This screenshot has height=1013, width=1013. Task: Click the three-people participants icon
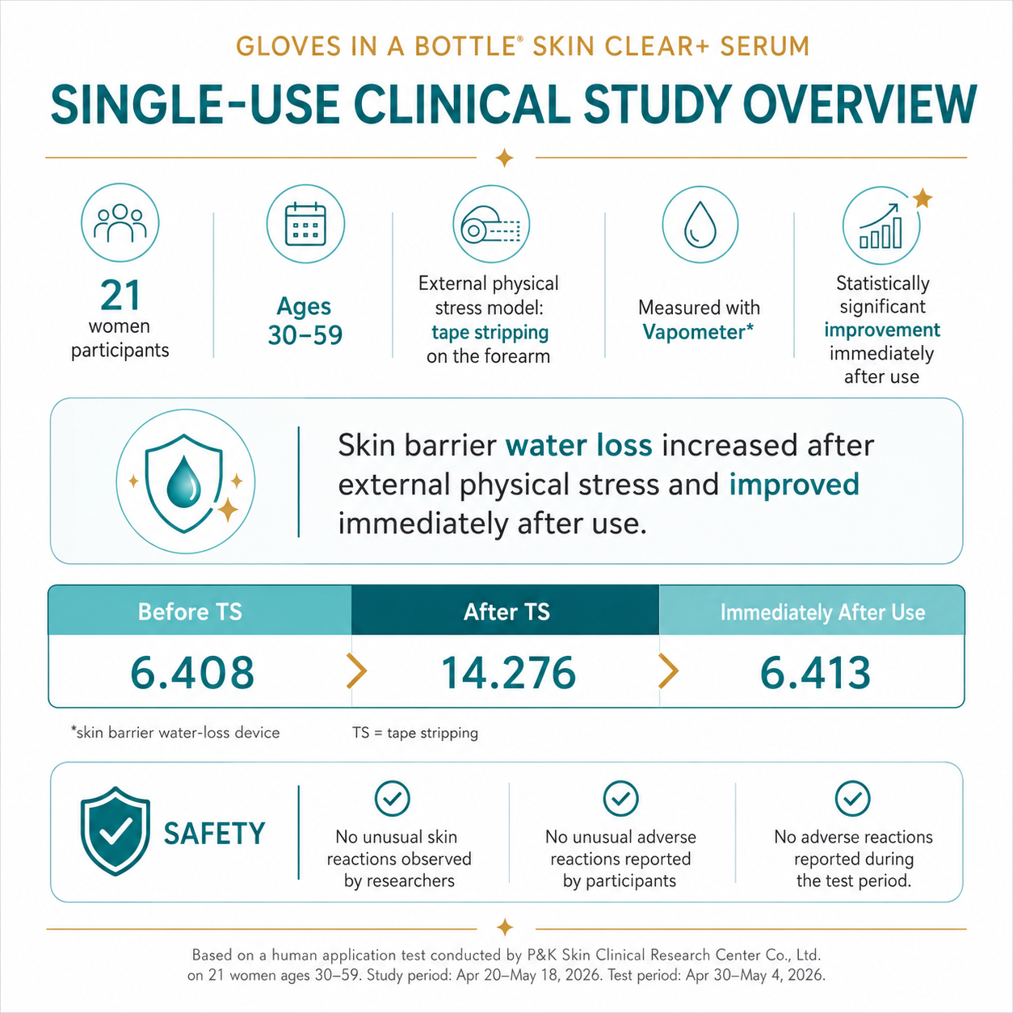click(120, 222)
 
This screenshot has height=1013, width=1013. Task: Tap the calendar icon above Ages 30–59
click(305, 224)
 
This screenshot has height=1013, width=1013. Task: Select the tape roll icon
click(491, 224)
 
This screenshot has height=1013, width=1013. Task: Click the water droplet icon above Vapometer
click(700, 225)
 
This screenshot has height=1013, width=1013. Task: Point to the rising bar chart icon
click(881, 225)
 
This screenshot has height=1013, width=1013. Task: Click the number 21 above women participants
click(120, 296)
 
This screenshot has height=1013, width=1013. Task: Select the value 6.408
click(192, 672)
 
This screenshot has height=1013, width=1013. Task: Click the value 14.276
click(508, 672)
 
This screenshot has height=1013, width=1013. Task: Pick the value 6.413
click(815, 672)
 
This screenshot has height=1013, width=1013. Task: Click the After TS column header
click(506, 611)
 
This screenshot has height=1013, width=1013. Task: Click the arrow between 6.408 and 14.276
click(357, 670)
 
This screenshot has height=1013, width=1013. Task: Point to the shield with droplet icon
click(184, 483)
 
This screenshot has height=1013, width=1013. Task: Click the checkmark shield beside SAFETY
click(116, 831)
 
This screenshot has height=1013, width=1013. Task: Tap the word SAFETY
click(215, 834)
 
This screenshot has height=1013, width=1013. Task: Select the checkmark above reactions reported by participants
click(621, 798)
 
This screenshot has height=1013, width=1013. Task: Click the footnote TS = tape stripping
click(414, 732)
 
